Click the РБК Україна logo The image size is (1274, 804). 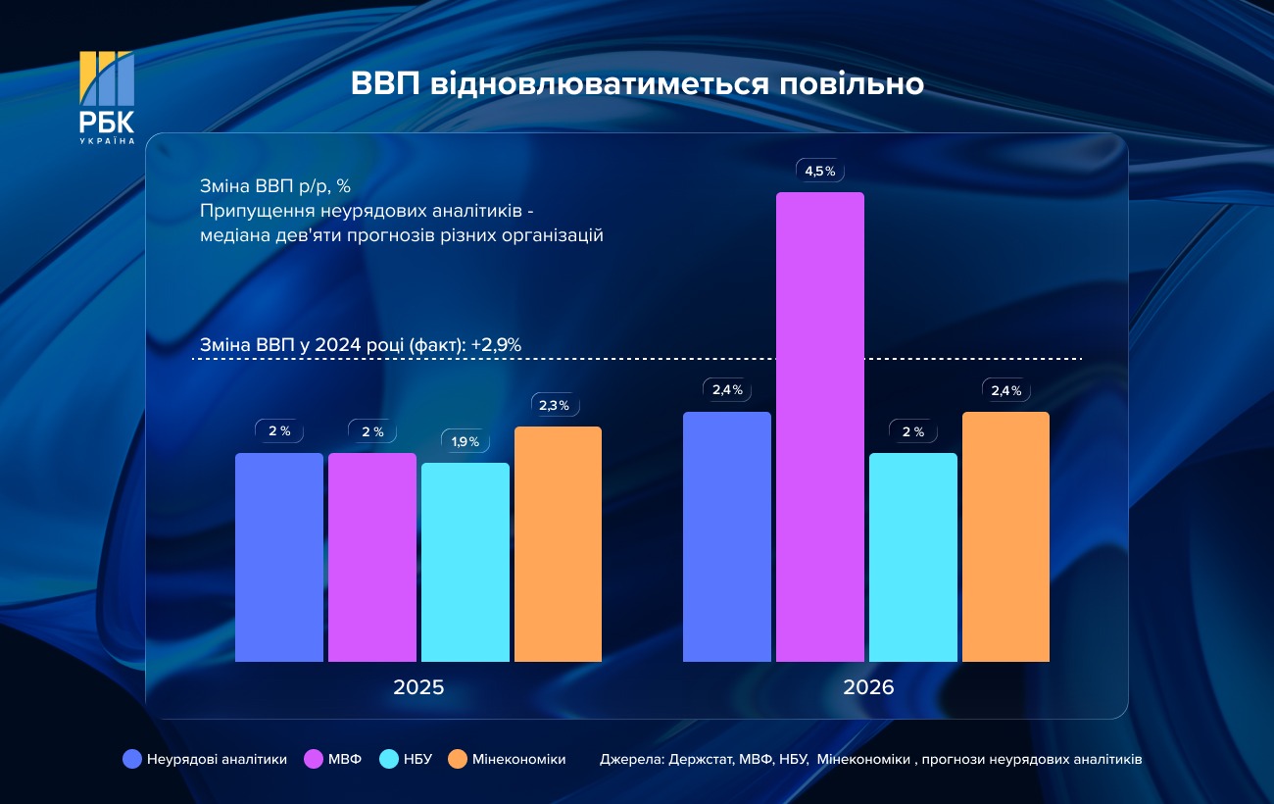(x=107, y=98)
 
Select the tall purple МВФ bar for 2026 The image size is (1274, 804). (x=819, y=427)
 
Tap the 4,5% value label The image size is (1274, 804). (x=819, y=172)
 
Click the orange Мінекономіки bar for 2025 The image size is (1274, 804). (x=558, y=544)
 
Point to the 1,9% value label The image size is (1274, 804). (x=465, y=442)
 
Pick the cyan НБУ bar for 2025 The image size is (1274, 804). (x=465, y=562)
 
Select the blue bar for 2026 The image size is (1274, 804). (x=726, y=536)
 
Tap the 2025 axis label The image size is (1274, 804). (x=418, y=687)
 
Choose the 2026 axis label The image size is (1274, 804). (x=868, y=687)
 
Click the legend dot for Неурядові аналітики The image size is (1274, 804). (x=133, y=759)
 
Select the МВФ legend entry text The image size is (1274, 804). (x=345, y=759)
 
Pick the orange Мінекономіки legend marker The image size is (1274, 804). (x=457, y=759)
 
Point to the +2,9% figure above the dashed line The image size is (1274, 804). (x=496, y=344)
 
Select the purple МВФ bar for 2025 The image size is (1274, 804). (x=371, y=557)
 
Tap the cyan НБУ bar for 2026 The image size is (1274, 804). (x=912, y=557)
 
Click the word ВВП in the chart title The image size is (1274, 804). (x=385, y=84)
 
